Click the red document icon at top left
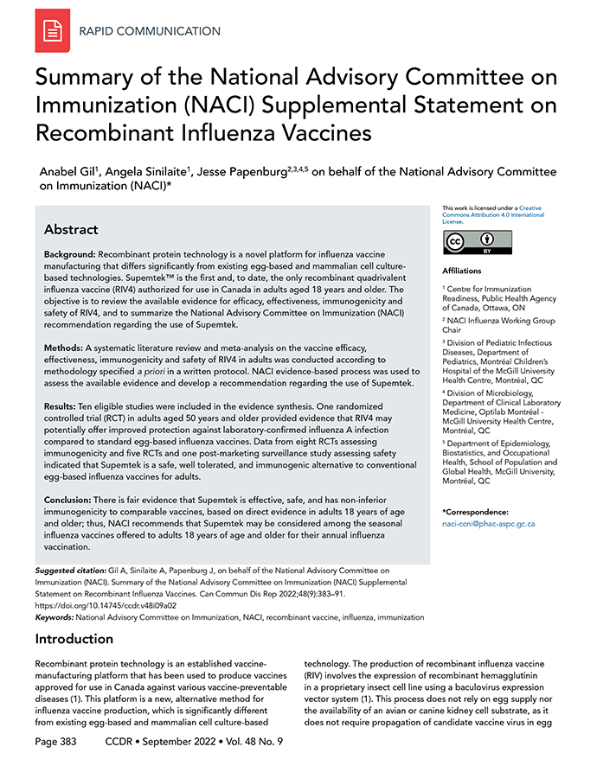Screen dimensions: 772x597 click(53, 32)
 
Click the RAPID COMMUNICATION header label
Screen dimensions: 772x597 click(150, 32)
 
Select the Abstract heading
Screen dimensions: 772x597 click(71, 230)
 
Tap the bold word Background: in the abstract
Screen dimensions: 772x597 click(70, 258)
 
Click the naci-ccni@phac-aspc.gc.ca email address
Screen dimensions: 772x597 click(489, 524)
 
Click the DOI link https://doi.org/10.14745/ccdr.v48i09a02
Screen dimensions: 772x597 click(105, 606)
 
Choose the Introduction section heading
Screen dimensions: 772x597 click(74, 640)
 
